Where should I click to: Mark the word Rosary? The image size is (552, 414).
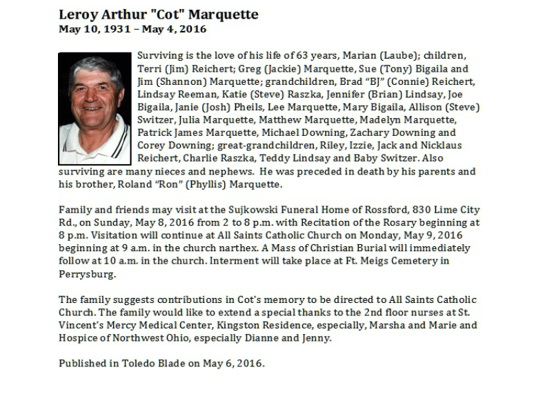tap(397, 222)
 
